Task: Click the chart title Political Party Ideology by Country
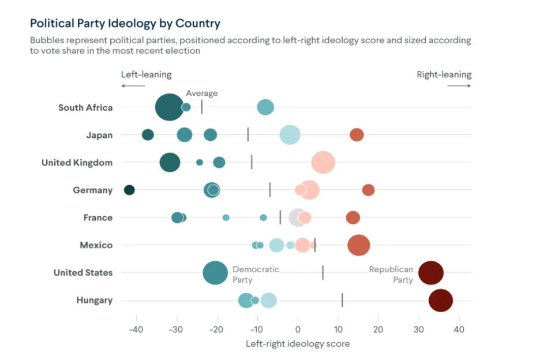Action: click(125, 24)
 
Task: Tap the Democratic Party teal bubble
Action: click(215, 273)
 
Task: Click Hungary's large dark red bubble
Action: click(441, 301)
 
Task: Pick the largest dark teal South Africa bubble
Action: click(169, 107)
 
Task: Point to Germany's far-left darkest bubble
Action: click(129, 190)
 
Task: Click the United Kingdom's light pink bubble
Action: click(323, 163)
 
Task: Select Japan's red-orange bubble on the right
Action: click(357, 135)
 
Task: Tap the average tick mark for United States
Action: click(322, 272)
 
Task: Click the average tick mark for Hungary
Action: click(342, 300)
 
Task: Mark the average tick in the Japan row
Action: click(248, 134)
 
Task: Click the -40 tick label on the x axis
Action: click(136, 329)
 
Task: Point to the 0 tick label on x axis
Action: click(298, 329)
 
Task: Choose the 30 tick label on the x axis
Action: click(418, 329)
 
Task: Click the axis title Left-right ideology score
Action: click(298, 343)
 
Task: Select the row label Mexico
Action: click(96, 245)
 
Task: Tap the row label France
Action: click(97, 217)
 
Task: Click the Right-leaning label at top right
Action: click(444, 74)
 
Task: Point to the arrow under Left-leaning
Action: click(133, 86)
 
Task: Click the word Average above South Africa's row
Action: click(201, 93)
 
